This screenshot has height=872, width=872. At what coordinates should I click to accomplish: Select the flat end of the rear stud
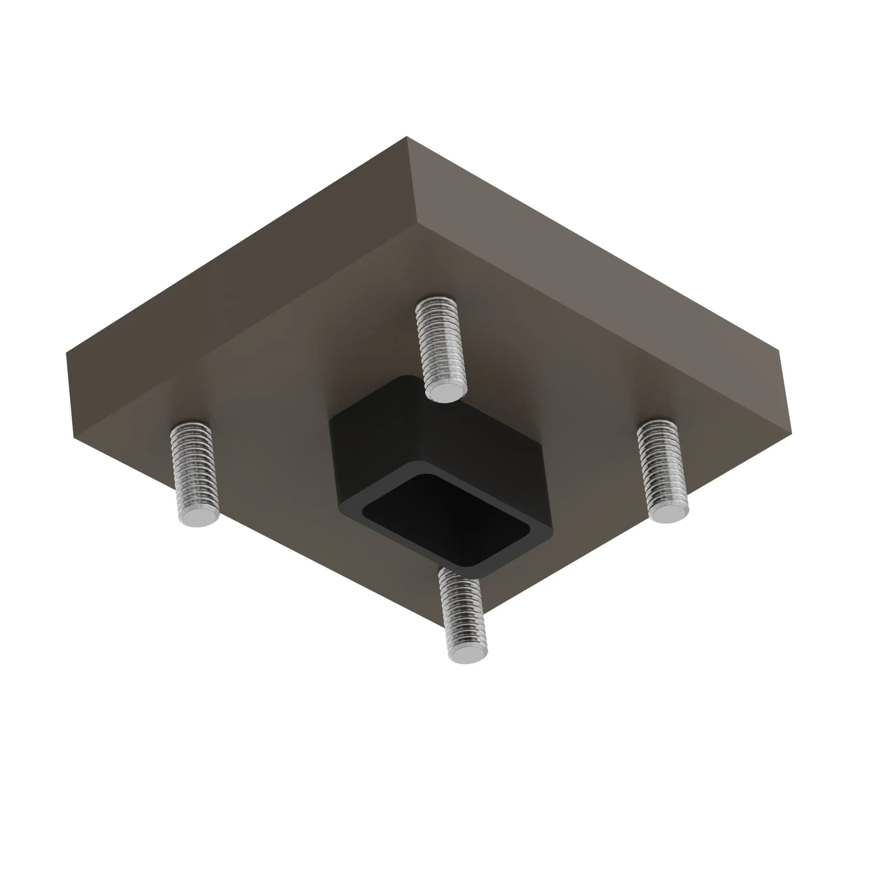coord(445,393)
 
